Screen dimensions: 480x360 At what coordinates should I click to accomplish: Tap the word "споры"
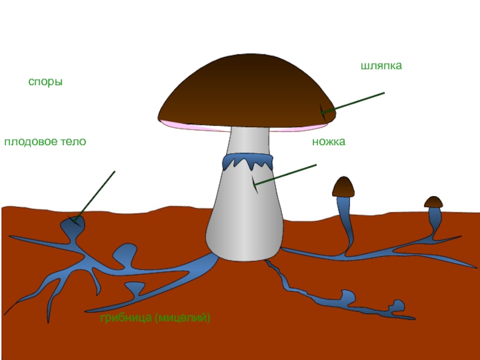click(x=46, y=82)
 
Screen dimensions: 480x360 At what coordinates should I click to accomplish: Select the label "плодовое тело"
click(x=45, y=142)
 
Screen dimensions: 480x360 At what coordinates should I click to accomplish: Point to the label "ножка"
click(x=329, y=142)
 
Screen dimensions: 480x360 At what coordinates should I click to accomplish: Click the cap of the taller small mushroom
click(x=343, y=187)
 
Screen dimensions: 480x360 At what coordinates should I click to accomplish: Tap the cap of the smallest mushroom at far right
click(x=433, y=202)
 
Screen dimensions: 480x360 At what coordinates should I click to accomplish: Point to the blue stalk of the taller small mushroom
click(x=346, y=222)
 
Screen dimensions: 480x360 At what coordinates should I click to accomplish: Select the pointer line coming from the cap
click(x=354, y=102)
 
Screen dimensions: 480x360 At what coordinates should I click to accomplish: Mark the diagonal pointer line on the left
click(x=96, y=195)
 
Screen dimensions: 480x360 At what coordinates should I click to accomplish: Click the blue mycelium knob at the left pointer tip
click(x=73, y=224)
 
